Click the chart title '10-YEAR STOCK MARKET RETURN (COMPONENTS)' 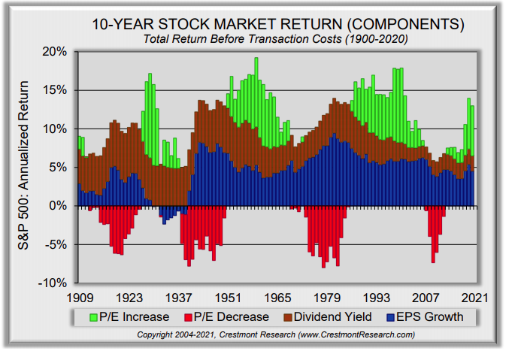(x=277, y=23)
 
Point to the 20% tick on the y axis (x=55, y=52)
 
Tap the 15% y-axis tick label (x=55, y=90)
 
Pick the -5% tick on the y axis (x=55, y=244)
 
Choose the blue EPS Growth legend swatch (x=389, y=317)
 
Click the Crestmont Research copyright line (x=277, y=334)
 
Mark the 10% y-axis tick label (x=55, y=129)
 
